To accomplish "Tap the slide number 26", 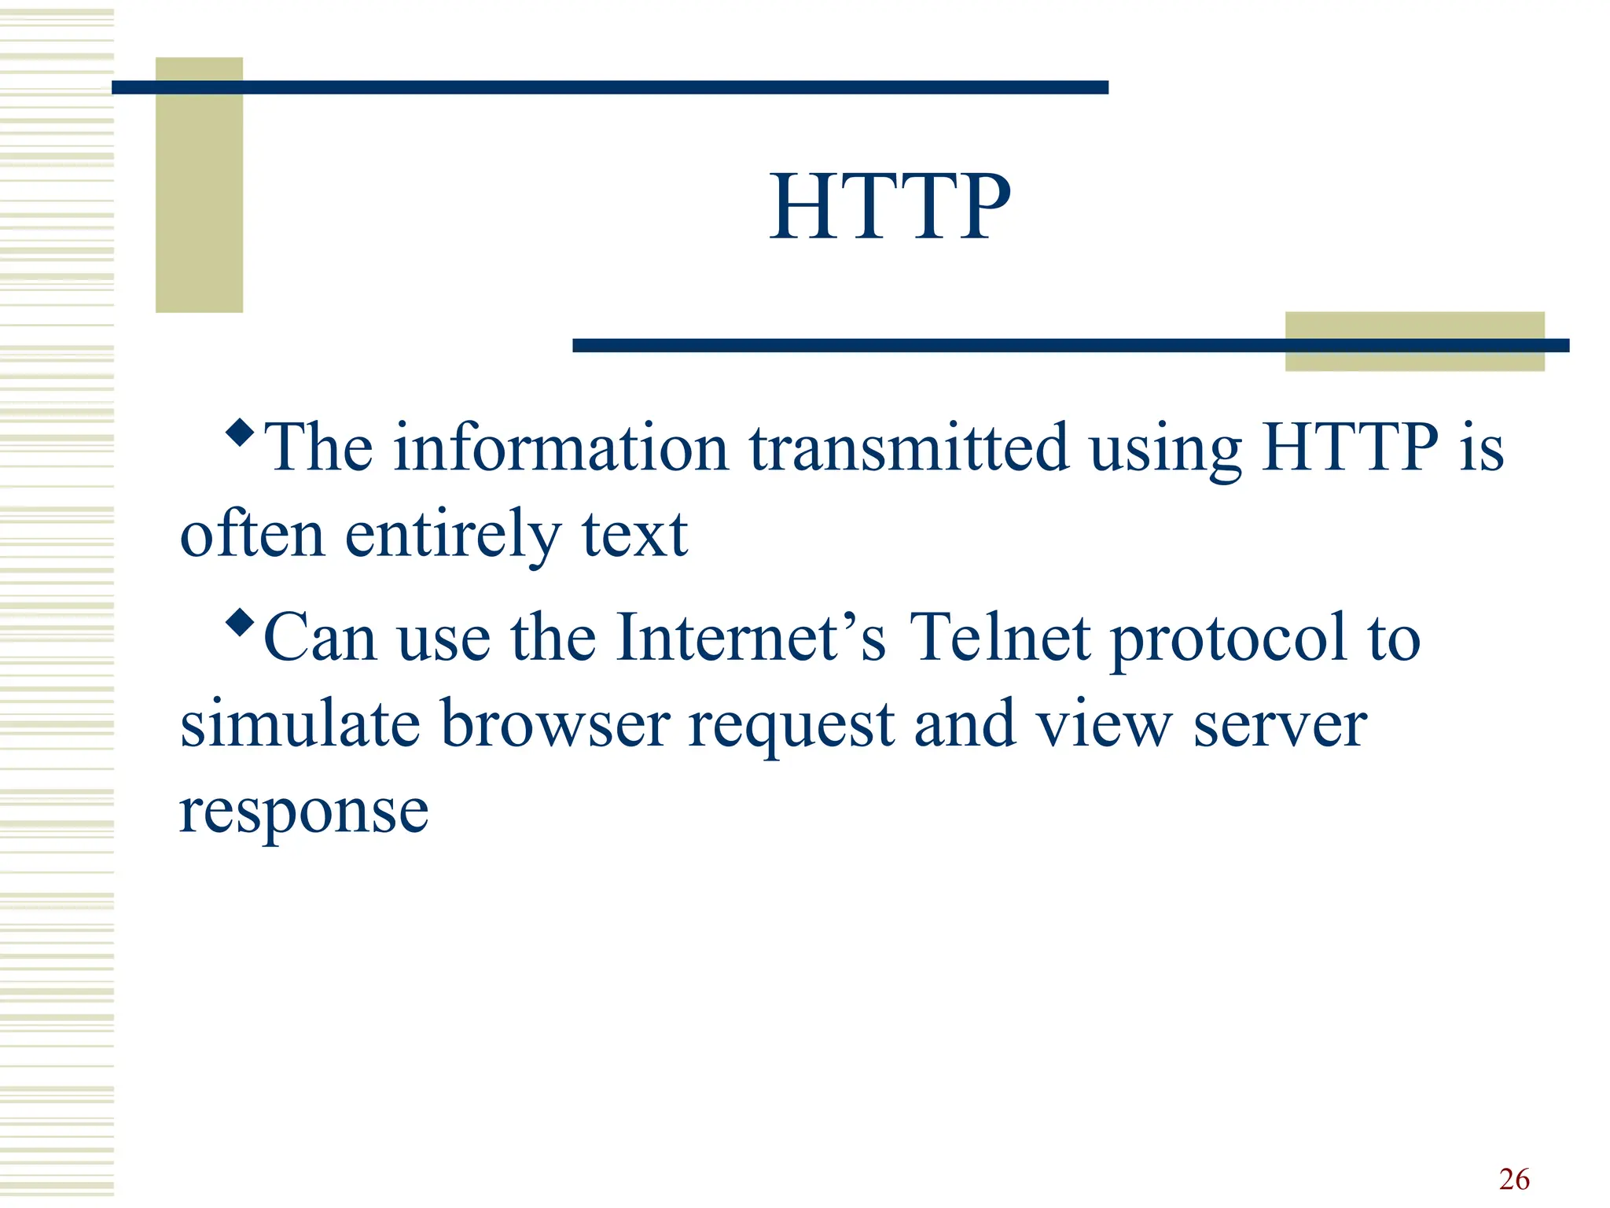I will click(1514, 1180).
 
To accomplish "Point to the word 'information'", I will click(561, 448).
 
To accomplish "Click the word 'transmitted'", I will click(909, 448).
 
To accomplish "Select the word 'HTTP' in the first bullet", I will click(1350, 448).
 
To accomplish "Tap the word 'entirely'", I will click(453, 535).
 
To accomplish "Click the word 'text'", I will click(634, 535).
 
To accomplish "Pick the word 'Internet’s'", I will click(751, 637).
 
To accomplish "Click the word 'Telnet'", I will click(999, 637).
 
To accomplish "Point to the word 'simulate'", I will click(300, 724).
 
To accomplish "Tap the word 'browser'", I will click(555, 724).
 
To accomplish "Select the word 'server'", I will click(1280, 725).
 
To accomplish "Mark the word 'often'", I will click(252, 535).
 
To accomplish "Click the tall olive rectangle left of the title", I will click(199, 185).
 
